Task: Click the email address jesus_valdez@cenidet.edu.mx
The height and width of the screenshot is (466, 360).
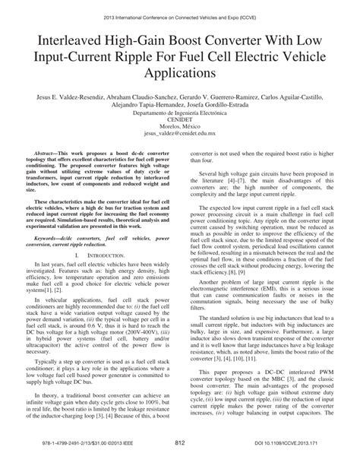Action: coord(179,142)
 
